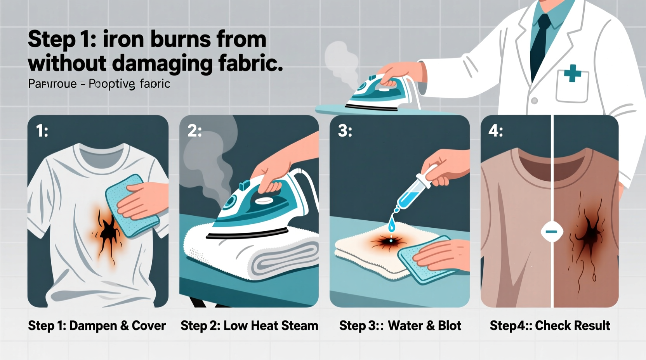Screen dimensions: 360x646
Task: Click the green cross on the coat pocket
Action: coord(572,73)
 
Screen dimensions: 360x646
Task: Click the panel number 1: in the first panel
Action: coord(42,131)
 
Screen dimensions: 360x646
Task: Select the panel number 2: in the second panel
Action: coord(194,131)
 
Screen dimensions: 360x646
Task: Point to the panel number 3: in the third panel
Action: coord(345,131)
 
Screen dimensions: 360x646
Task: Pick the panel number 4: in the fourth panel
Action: coord(495,131)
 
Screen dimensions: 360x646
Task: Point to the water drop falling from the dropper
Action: coord(391,225)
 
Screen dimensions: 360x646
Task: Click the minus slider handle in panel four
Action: coord(552,232)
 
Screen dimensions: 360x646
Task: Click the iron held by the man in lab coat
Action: coord(382,91)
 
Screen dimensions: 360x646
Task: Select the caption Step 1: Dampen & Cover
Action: coord(97,325)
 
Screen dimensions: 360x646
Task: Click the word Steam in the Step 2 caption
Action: coord(299,325)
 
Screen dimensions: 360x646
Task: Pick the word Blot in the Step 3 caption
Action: coord(450,325)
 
